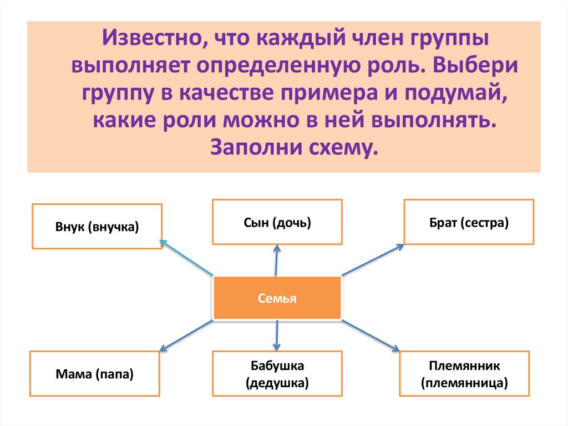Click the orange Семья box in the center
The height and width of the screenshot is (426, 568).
(277, 298)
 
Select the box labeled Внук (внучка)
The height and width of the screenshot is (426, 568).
(97, 227)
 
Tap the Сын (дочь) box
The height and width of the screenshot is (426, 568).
(277, 223)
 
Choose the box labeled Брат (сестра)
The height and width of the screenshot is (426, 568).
(469, 223)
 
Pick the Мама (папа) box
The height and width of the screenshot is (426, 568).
(95, 374)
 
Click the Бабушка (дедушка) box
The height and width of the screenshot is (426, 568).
(277, 374)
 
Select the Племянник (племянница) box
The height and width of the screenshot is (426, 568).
(464, 374)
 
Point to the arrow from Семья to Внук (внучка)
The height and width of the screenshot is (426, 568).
(186, 257)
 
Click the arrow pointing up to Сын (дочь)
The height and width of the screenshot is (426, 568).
(276, 260)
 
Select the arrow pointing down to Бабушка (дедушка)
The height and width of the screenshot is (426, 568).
(276, 335)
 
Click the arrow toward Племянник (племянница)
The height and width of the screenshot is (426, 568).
(371, 335)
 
